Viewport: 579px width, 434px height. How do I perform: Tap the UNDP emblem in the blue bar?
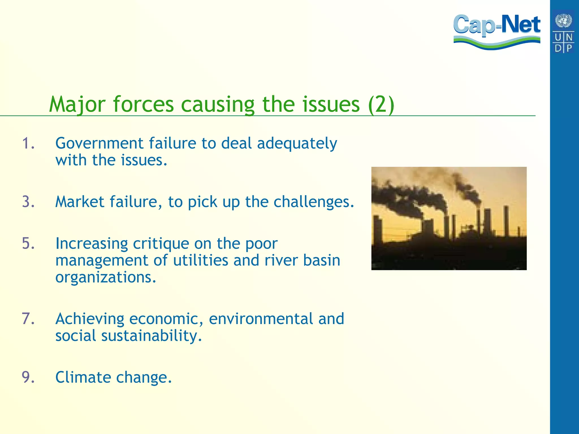[x=563, y=31]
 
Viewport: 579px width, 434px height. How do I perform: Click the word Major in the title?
[x=77, y=105]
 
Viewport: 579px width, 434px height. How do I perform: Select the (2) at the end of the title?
[x=381, y=105]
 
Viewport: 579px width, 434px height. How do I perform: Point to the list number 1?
[x=28, y=143]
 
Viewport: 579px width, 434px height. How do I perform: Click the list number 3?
[x=28, y=202]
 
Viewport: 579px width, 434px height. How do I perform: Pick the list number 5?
[x=28, y=243]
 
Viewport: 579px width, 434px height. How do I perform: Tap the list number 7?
[x=28, y=319]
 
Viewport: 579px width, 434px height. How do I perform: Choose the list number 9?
[x=28, y=377]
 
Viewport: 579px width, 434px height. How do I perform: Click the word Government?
[x=99, y=143]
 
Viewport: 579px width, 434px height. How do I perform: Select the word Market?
[x=80, y=202]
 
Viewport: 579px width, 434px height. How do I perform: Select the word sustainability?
[x=152, y=336]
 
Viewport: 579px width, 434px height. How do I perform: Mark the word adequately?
[x=297, y=144]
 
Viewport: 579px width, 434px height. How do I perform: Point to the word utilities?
[x=200, y=260]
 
